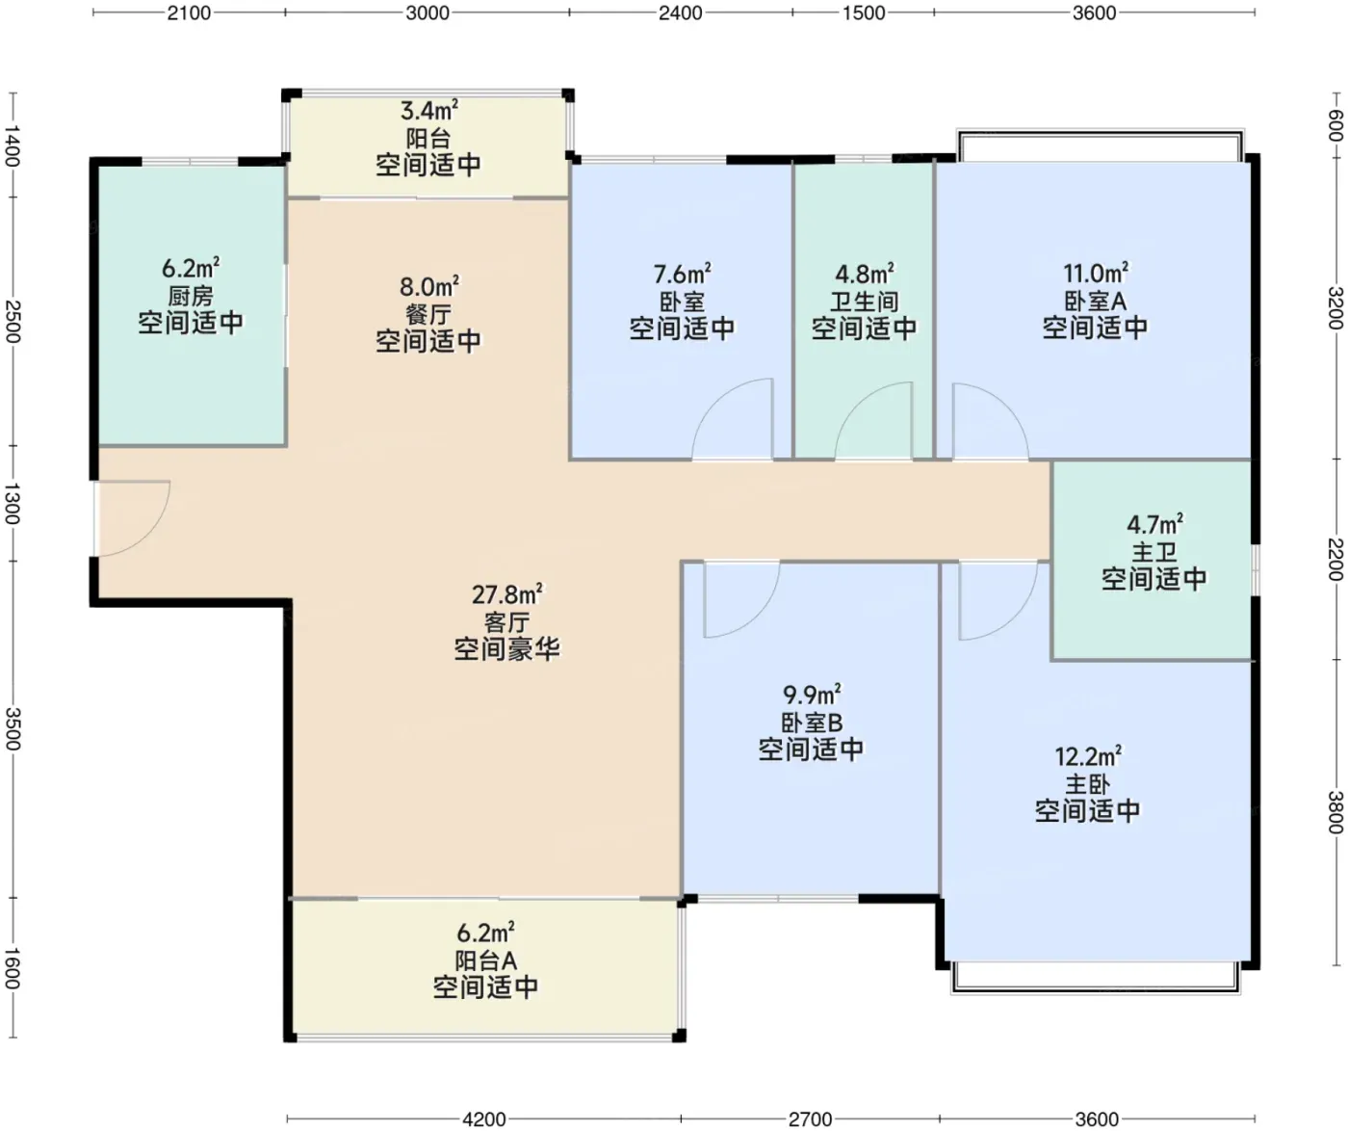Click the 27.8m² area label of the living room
506,593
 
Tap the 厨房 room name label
191,297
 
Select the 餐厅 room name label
428,315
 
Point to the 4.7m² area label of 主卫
1155,523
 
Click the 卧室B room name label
812,723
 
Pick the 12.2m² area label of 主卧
1088,755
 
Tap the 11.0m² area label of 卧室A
1096,274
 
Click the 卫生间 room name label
865,302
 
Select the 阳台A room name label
486,960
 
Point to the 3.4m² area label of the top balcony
429,111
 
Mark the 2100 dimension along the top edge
189,13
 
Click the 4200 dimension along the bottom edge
484,1119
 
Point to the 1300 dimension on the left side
13,504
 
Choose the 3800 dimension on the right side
1335,812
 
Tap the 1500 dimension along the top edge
864,13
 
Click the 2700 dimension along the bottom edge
810,1119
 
